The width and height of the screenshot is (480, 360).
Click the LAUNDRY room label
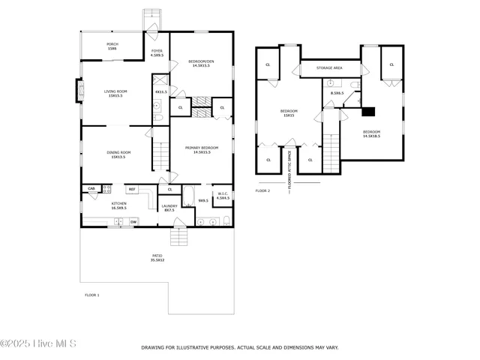[169, 208]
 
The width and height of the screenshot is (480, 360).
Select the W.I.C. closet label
[222, 196]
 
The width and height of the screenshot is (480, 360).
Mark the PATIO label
[157, 258]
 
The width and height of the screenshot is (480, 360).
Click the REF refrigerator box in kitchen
[131, 189]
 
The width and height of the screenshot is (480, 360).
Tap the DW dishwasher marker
[133, 221]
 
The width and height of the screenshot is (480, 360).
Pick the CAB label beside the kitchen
[91, 188]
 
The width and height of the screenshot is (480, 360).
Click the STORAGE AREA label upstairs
[329, 68]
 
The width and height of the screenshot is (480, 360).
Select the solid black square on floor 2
[367, 112]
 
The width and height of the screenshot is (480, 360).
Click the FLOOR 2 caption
[262, 191]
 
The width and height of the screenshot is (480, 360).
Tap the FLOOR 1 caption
[91, 295]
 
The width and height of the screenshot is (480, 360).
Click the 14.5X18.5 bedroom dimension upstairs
[371, 136]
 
